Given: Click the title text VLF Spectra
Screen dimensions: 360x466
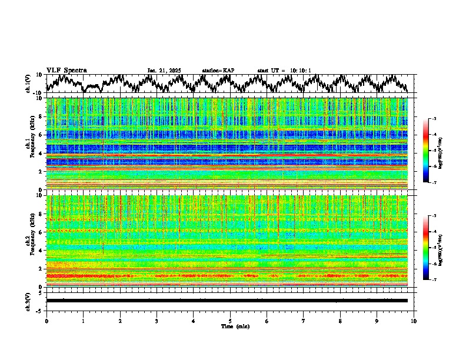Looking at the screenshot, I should (66, 71).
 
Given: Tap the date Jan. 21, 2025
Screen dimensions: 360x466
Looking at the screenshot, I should (164, 71).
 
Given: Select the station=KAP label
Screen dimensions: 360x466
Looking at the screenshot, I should (218, 71).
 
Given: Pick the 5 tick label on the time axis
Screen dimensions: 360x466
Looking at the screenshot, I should (230, 321).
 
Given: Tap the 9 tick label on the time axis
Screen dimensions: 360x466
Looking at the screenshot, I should (377, 321).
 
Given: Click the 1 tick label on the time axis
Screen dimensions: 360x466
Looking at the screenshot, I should (83, 321).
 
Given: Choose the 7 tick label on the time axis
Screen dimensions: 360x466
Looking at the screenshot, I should (304, 321).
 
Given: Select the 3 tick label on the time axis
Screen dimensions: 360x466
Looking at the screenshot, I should (157, 321).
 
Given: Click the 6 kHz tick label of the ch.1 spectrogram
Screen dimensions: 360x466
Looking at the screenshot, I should (40, 135).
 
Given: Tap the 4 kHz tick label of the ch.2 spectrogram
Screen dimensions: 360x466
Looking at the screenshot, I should (40, 251).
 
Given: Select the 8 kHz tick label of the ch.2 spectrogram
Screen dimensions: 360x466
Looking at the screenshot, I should (40, 214).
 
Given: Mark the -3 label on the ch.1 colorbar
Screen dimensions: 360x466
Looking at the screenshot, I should (434, 119).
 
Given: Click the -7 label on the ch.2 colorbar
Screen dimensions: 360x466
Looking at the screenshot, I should (434, 280).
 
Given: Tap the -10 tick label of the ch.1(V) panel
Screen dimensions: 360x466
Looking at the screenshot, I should (38, 93).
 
